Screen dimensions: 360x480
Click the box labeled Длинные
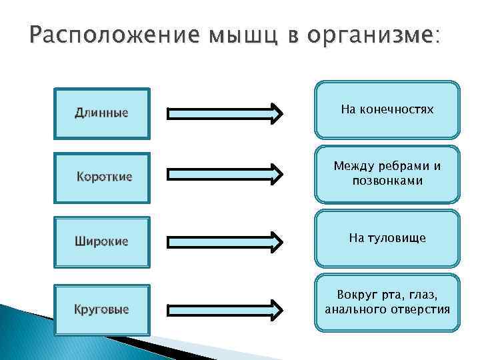click(102, 113)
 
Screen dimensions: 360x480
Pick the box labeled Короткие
click(102, 177)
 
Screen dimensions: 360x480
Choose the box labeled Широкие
click(102, 241)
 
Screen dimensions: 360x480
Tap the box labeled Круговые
click(102, 309)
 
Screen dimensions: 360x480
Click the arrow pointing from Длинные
click(225, 113)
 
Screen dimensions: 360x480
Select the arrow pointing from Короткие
click(225, 175)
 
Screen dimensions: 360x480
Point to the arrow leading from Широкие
click(225, 241)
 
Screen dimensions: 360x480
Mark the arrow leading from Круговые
click(225, 309)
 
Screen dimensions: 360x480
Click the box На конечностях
click(387, 109)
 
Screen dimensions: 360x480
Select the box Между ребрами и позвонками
click(387, 173)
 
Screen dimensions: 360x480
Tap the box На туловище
click(387, 238)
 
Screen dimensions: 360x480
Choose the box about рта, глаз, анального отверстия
click(387, 302)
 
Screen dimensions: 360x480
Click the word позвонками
click(387, 181)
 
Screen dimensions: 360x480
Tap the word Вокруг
click(356, 295)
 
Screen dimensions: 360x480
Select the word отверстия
click(421, 310)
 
